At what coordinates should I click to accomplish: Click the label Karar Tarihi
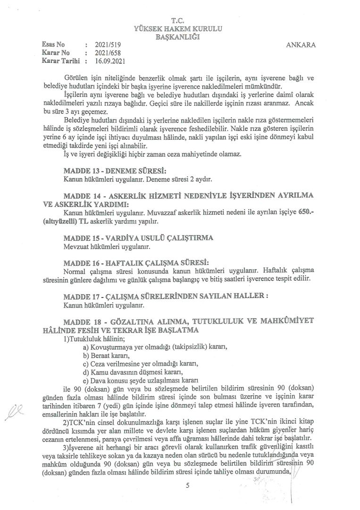coord(60,61)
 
